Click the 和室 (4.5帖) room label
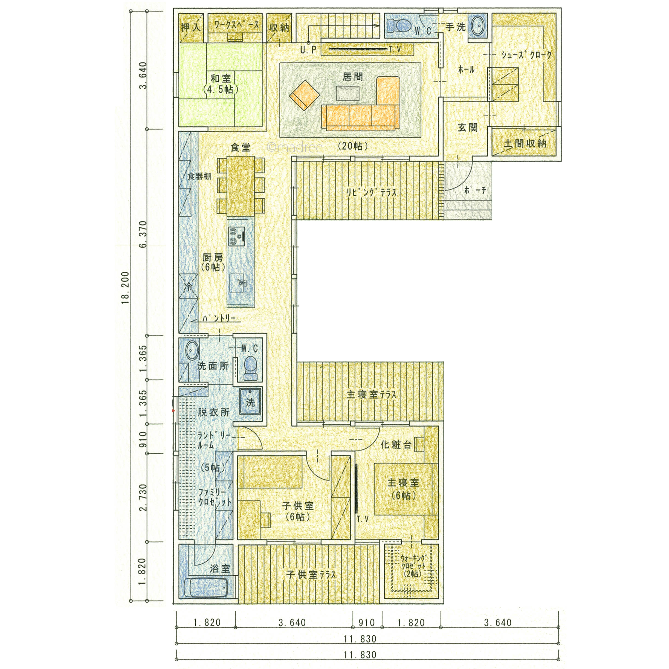coord(221,84)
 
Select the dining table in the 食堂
coord(241,186)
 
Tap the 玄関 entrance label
coord(467,128)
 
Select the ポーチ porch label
coord(475,190)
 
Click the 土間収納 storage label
coord(525,143)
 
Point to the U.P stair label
coord(308,50)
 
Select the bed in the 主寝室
coord(403,489)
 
